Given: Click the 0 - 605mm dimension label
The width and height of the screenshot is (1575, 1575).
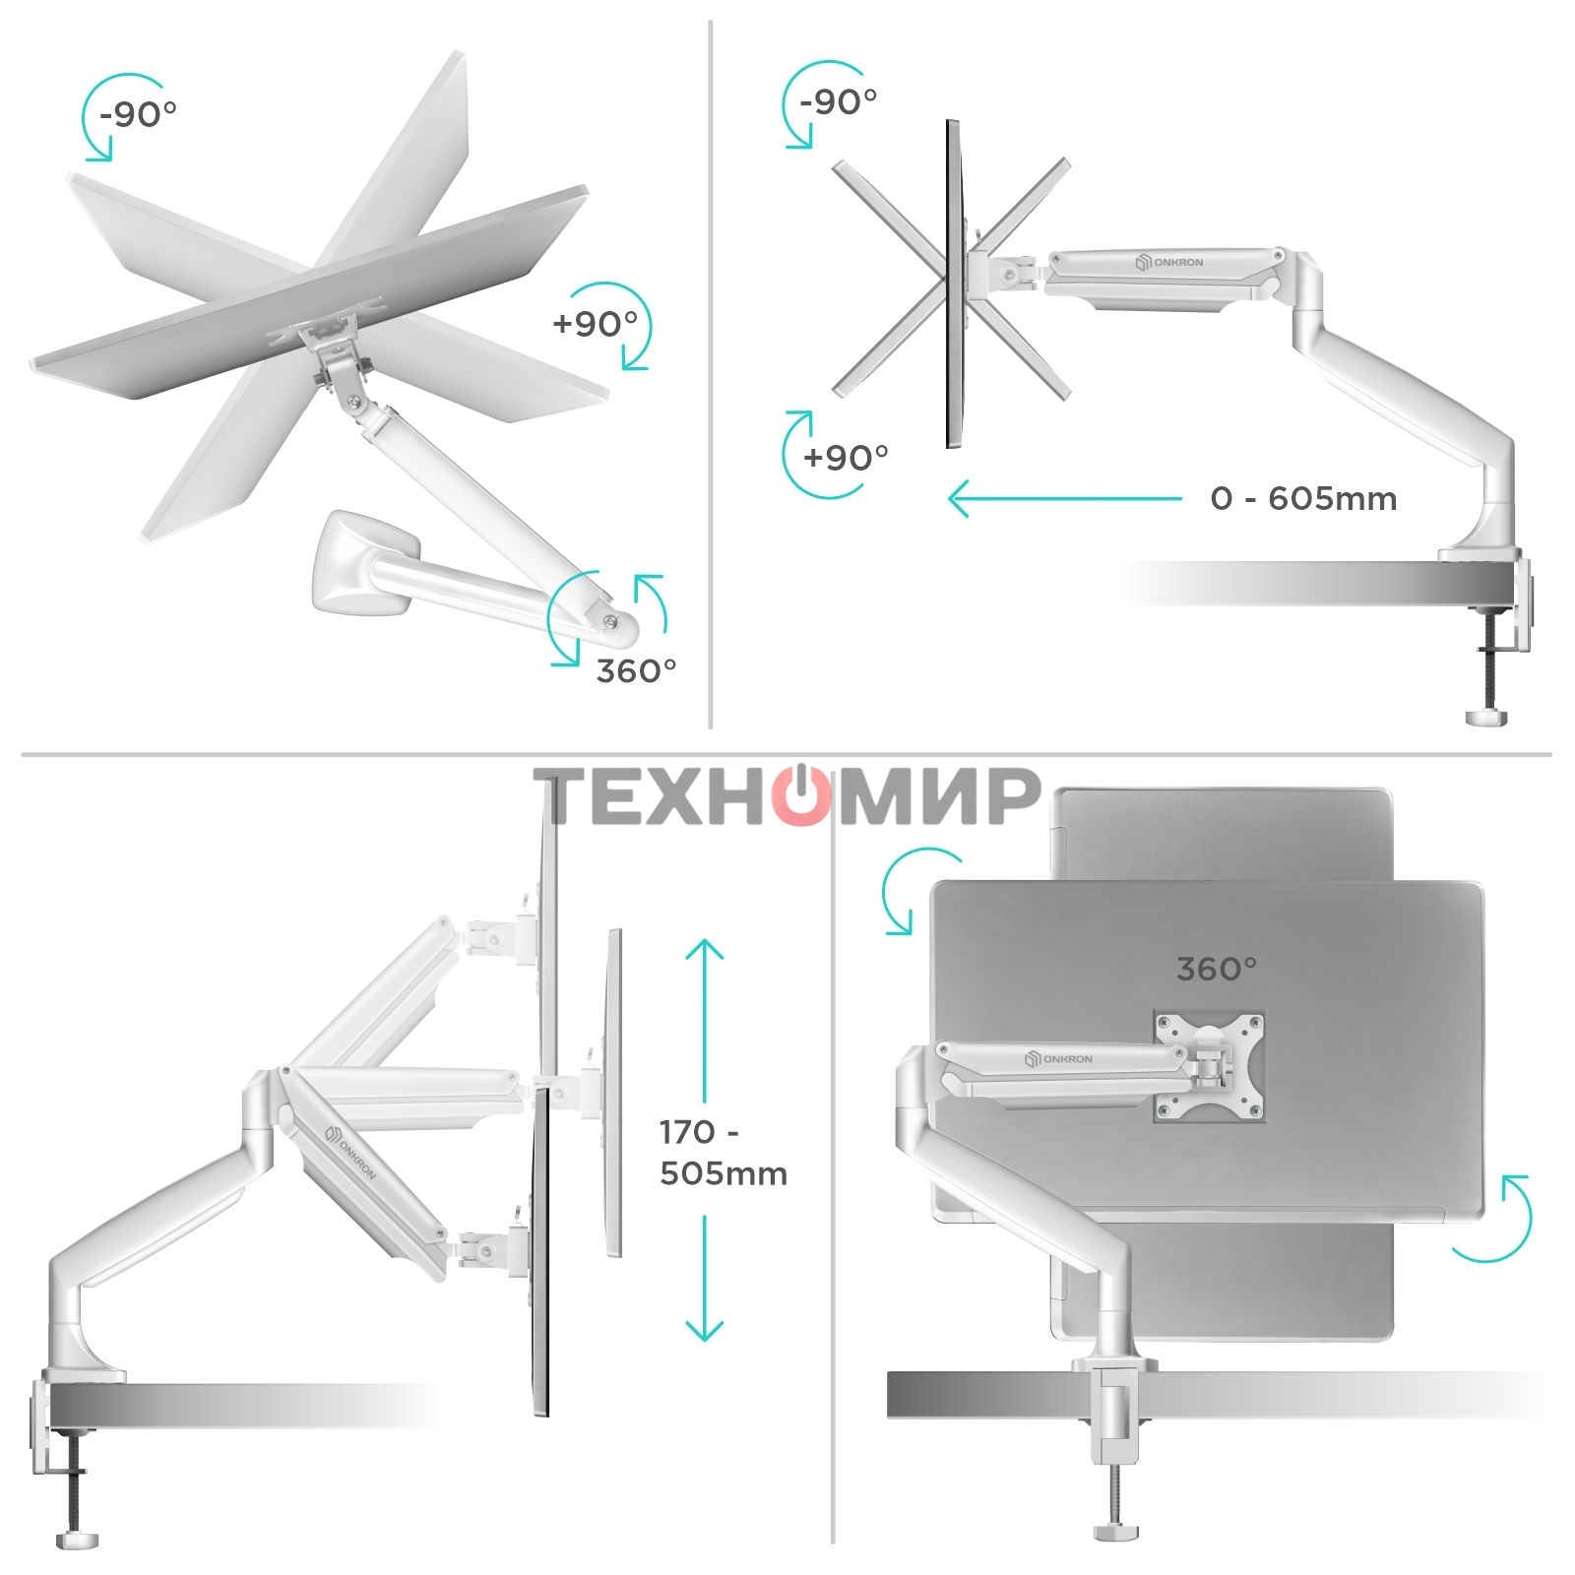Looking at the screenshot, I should [x=1303, y=498].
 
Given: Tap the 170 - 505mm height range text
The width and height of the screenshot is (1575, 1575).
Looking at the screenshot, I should [x=723, y=1153].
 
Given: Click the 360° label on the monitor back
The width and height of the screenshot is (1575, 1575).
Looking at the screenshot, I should [x=1217, y=970].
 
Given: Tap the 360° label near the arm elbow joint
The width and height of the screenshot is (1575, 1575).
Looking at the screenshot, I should [x=637, y=670].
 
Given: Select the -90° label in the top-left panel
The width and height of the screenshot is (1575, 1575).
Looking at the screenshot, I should [x=137, y=114].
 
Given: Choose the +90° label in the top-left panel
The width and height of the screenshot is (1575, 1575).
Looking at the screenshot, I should [x=595, y=323].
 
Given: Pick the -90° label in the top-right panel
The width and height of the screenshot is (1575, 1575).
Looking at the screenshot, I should [x=838, y=100].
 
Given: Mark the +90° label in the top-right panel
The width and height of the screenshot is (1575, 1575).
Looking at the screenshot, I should [x=846, y=457].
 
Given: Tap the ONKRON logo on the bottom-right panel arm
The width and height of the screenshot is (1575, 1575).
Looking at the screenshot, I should [x=1058, y=1059].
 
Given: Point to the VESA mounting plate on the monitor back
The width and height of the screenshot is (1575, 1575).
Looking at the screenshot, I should [x=1209, y=1067].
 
